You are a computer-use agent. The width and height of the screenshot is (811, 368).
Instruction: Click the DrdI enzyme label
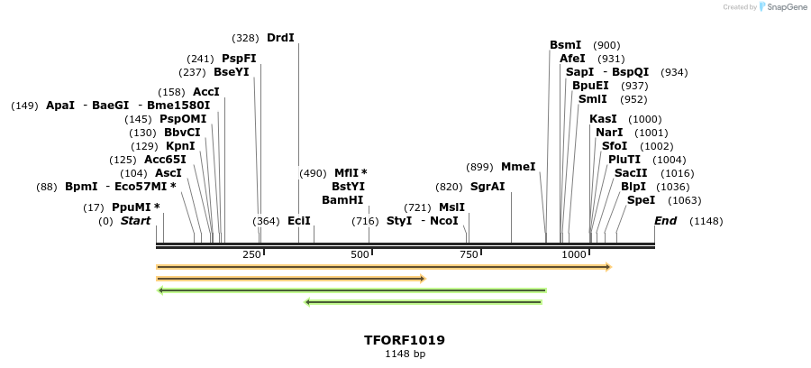(280, 38)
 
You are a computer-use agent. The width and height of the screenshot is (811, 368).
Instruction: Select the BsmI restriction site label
(566, 45)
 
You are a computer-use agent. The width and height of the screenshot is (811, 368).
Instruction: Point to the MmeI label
(518, 167)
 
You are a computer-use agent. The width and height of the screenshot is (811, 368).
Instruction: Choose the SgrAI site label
(488, 187)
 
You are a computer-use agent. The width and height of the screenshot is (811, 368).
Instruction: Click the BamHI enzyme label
(342, 200)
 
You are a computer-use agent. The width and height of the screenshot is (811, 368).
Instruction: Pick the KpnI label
(180, 146)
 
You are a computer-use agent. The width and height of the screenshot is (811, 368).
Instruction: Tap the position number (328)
(245, 38)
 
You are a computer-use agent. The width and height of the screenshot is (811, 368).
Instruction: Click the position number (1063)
(685, 200)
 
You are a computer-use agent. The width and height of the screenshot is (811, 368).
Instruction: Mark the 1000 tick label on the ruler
(575, 255)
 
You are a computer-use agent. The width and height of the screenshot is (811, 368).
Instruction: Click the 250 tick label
(251, 255)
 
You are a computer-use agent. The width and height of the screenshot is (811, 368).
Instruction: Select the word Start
(135, 221)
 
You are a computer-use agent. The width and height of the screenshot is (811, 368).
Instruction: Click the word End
(665, 221)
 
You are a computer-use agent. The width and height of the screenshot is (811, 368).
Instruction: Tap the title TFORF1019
(405, 341)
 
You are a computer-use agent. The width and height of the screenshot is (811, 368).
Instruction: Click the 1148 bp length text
(405, 354)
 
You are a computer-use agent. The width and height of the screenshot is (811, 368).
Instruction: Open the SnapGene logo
(780, 7)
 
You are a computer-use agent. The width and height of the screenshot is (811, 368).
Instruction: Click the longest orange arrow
(384, 267)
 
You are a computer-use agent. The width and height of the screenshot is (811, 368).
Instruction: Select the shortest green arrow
(424, 302)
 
